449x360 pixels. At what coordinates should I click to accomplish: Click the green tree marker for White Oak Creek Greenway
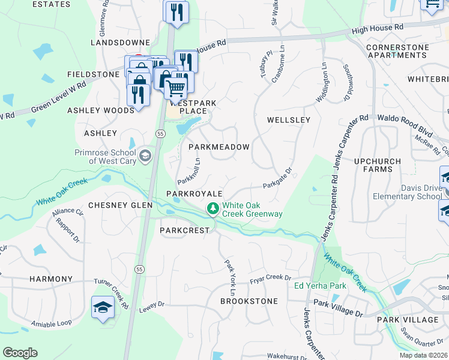coord(212,209)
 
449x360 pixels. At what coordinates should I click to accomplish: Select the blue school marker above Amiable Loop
coord(103,308)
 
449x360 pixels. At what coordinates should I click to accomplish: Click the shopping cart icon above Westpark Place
coord(175,88)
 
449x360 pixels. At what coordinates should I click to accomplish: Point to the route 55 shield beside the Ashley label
coord(160,133)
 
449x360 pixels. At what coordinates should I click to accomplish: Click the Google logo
coord(20,353)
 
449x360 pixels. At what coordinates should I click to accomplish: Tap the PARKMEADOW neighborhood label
coord(218,147)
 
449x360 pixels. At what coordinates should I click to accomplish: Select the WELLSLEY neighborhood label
coord(289,120)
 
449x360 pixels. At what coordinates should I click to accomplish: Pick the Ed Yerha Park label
coord(320,286)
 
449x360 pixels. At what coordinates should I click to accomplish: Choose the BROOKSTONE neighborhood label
coord(249,301)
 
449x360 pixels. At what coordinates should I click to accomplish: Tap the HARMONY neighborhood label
coord(51,279)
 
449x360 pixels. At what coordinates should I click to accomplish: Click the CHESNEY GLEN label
coord(120,205)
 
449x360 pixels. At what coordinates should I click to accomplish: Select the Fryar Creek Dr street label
coord(270,278)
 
